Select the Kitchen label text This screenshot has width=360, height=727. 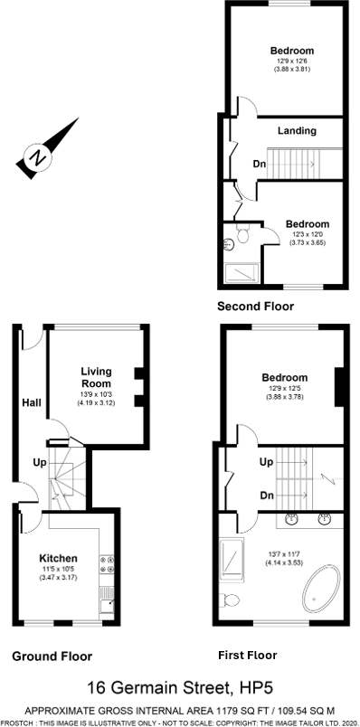pos(57,558)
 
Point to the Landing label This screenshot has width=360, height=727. pos(297,131)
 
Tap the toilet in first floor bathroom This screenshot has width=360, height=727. pos(232,599)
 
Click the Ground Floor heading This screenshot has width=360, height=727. pos(52,656)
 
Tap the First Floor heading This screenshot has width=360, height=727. pos(248,655)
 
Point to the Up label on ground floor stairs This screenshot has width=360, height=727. pos(40,462)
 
